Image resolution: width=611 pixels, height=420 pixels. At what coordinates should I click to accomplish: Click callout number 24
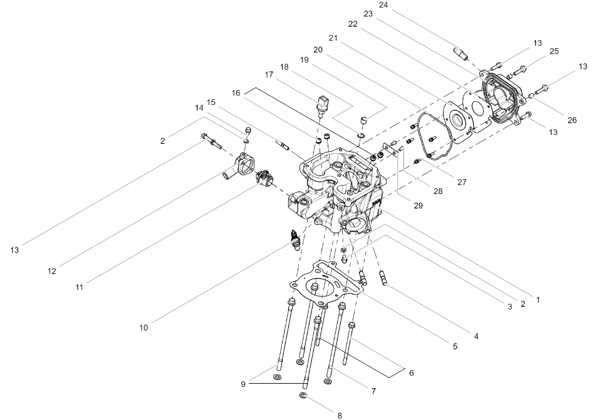383,5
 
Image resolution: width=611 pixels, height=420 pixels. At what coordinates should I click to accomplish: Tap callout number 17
269,74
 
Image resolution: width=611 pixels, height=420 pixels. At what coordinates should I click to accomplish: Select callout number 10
144,327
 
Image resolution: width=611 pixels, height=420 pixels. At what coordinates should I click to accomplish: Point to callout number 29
418,206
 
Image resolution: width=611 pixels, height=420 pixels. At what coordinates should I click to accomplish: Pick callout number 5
455,346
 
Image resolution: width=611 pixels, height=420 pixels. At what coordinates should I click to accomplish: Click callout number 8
340,416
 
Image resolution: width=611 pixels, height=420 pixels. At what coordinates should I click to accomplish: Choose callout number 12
52,271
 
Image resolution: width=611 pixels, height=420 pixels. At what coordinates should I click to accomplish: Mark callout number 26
572,120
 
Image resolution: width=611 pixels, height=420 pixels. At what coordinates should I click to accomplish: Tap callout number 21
333,38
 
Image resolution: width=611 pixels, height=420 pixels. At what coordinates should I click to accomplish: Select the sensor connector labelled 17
321,104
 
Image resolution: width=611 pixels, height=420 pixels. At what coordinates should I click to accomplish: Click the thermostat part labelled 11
264,179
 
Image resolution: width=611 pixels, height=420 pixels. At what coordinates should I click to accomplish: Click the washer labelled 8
303,396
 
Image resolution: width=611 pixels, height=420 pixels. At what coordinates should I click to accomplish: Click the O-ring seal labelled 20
433,136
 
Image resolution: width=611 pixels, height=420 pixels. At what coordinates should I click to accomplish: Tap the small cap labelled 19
363,119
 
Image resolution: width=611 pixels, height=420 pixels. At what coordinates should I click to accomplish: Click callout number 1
538,300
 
